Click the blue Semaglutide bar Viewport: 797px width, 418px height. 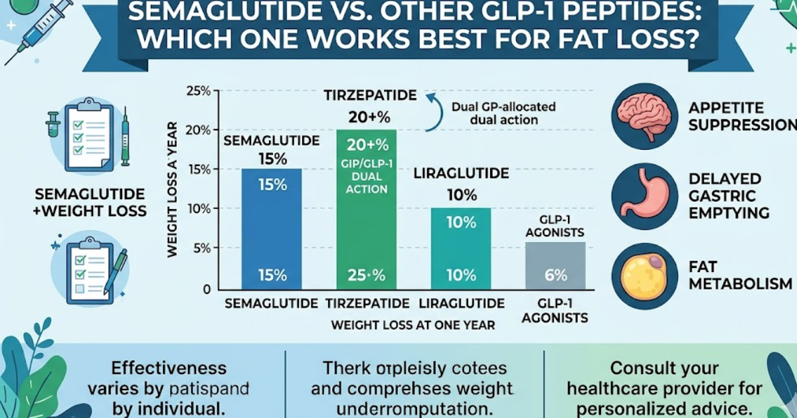pos(272,229)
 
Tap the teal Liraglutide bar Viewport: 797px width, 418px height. pos(462,249)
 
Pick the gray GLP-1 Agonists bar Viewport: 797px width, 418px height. pos(556,265)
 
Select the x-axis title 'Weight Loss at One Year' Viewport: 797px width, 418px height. pos(412,325)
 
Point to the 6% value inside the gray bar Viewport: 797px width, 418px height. pos(556,275)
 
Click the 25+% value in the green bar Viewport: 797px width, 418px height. pos(367,275)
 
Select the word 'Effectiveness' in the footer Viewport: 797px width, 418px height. pos(169,368)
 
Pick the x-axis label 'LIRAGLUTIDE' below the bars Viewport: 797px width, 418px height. pos(462,304)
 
